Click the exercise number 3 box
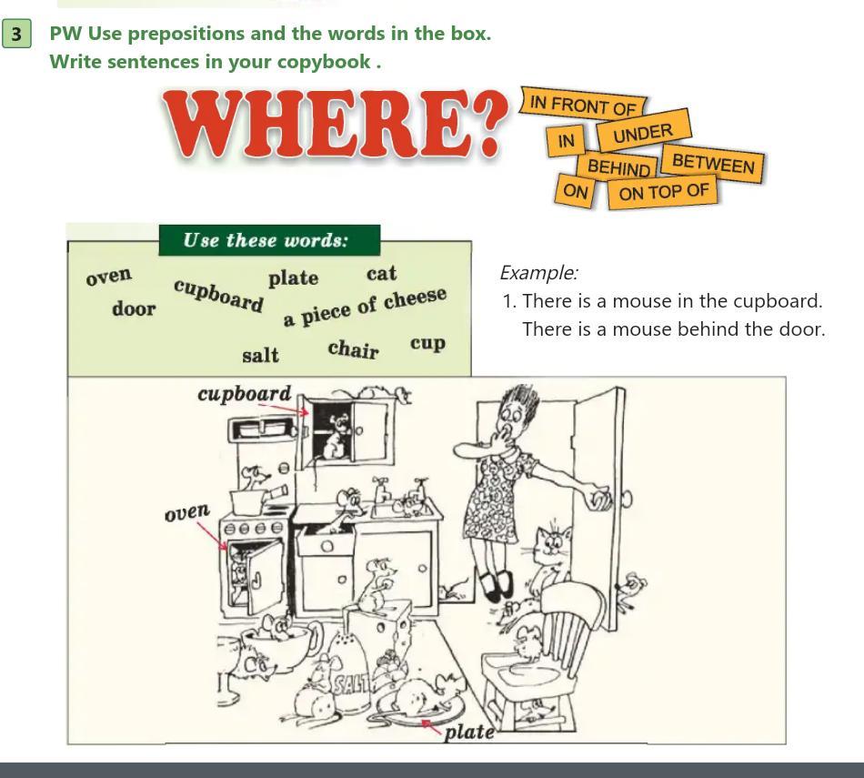[x=16, y=34]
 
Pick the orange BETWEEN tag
[x=713, y=163]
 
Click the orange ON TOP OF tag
[x=663, y=192]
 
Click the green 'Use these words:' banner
[x=269, y=240]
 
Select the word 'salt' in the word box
[x=261, y=355]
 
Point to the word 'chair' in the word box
[x=353, y=349]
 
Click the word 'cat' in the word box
[x=381, y=274]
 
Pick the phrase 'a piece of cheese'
[x=364, y=307]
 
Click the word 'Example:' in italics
[x=538, y=272]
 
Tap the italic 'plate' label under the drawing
[x=469, y=732]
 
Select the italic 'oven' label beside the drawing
[x=187, y=512]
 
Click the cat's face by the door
[x=553, y=543]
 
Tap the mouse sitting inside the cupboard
[x=335, y=437]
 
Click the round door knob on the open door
[x=627, y=499]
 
